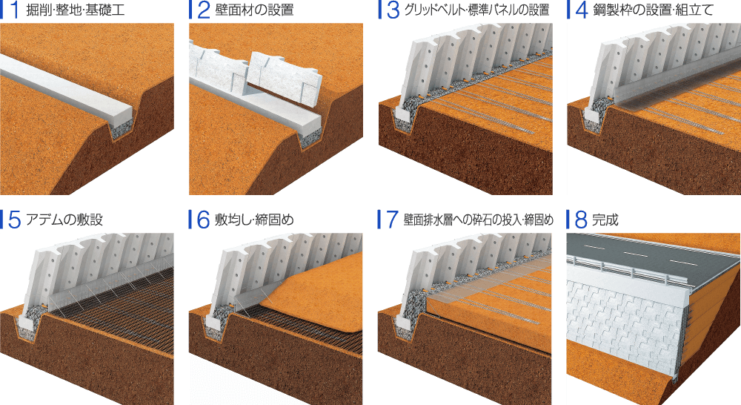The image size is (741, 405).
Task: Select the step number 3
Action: point(391,11)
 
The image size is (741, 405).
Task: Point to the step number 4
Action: point(579,11)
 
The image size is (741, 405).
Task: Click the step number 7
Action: point(391,220)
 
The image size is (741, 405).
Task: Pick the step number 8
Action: point(579,220)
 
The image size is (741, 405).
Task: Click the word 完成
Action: point(605,220)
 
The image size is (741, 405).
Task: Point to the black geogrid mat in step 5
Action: point(111,297)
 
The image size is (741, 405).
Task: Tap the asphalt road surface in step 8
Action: point(652,248)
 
